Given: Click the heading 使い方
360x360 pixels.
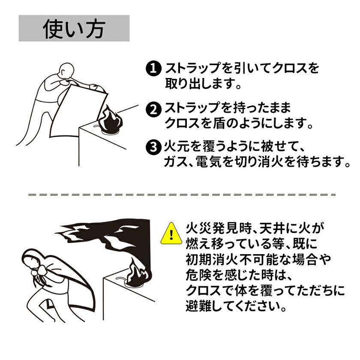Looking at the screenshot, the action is tap(74, 28).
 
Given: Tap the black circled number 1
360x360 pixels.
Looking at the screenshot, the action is tap(153, 69).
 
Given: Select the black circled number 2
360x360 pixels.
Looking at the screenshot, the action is tap(153, 110).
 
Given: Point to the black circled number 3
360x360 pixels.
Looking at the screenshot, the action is tap(153, 147).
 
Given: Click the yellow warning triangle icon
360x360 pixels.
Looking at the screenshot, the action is tap(171, 233).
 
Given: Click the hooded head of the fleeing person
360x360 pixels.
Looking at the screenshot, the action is tap(32, 259).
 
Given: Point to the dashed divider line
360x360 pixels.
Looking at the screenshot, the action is tap(182, 195).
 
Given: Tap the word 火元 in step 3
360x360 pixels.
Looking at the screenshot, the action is tap(176, 147).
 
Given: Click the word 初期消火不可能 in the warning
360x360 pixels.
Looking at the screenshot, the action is tap(230, 259).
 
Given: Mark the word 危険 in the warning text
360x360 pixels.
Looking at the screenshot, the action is tap(198, 275).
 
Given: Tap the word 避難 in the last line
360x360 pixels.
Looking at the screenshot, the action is tap(198, 306).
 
